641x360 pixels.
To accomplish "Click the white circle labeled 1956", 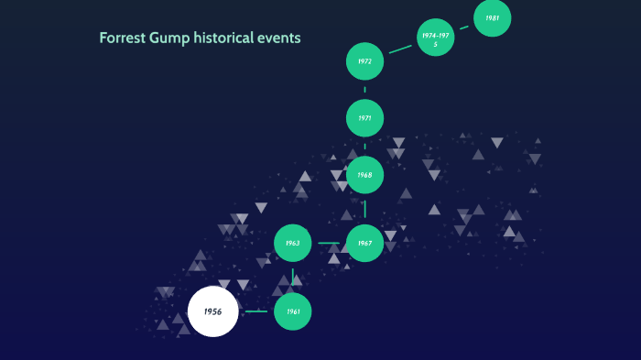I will coord(212,311).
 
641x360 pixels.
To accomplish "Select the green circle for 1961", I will coord(293,312).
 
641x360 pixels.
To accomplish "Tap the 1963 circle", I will coord(293,244).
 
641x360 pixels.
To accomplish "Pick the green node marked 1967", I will coord(364,244).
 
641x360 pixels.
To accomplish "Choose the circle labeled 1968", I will coord(364,175).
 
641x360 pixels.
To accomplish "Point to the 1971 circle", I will coord(364,118).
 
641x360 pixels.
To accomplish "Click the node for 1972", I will coord(364,61).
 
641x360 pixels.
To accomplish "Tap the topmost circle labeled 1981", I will coord(493,18).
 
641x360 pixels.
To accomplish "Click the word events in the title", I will coord(281,39).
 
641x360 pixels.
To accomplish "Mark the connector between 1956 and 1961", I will coord(256,311).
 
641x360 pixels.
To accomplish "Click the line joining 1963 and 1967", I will coord(329,244).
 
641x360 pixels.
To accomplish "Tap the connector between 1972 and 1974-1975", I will coord(400,49).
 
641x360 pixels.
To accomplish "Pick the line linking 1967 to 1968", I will coord(364,210).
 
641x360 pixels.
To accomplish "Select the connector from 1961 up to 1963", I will coord(293,278).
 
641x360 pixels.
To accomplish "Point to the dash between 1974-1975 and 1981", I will coord(464,27).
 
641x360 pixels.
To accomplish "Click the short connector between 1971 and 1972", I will coord(364,90).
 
